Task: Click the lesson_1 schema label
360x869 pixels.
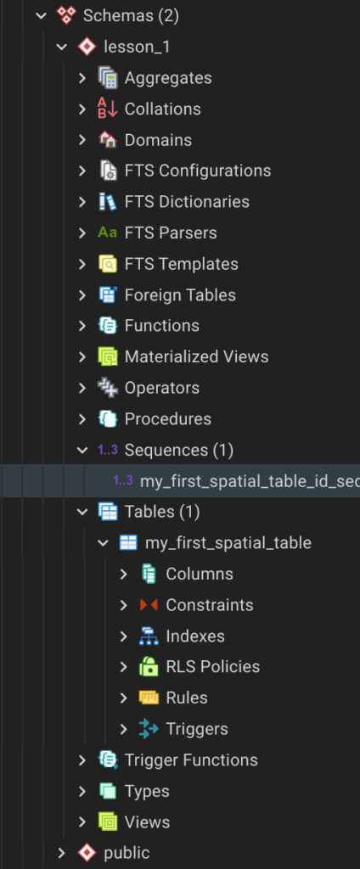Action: point(137,48)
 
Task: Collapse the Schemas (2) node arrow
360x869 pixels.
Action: point(41,16)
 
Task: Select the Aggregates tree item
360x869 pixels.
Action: point(168,78)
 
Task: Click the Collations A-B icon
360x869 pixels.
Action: point(108,109)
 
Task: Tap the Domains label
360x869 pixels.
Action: point(158,140)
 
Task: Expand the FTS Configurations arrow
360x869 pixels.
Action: point(82,171)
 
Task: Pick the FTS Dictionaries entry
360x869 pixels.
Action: point(187,202)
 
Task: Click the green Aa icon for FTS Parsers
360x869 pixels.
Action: point(108,233)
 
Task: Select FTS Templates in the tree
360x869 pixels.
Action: point(182,264)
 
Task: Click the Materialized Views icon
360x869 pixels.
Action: point(108,357)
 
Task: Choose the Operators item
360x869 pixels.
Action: point(162,388)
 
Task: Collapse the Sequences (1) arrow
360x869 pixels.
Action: point(82,450)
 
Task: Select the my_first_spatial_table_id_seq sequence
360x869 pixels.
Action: point(250,481)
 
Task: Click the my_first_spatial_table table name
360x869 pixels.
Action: point(228,542)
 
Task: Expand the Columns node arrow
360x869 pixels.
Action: point(124,575)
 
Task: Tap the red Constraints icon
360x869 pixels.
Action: point(149,604)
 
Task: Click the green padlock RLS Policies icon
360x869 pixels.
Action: point(149,666)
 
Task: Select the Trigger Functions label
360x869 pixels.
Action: point(191,760)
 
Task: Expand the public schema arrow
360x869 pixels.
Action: point(62,853)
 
